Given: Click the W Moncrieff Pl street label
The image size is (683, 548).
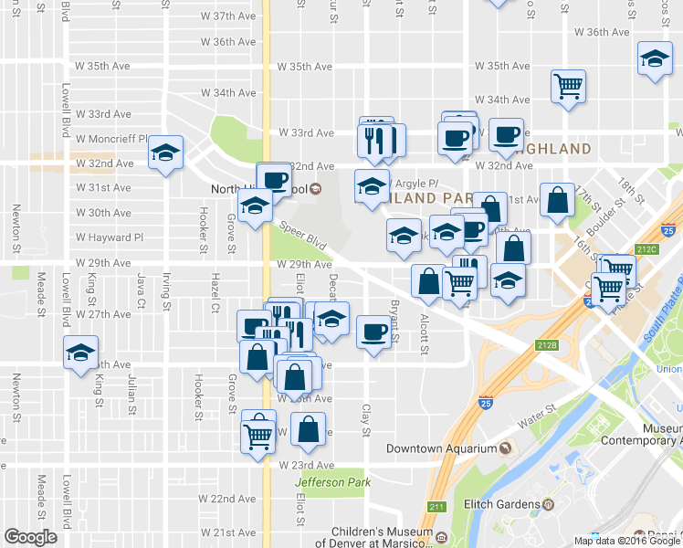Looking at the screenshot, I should tap(112, 139).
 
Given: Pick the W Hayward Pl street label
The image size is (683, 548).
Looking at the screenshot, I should tap(110, 237).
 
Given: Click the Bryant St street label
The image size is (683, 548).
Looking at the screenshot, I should tap(395, 320).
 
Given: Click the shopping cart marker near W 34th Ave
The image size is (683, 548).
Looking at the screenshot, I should tap(568, 87).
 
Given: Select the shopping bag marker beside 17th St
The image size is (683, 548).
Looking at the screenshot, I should tap(556, 199).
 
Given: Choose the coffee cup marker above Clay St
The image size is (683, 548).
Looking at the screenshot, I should tap(372, 332).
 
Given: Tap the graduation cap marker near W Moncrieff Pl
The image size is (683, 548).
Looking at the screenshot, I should tap(165, 153).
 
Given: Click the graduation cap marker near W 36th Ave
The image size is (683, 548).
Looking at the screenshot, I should tap(654, 59).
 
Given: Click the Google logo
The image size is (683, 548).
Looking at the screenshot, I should tap(30, 537).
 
